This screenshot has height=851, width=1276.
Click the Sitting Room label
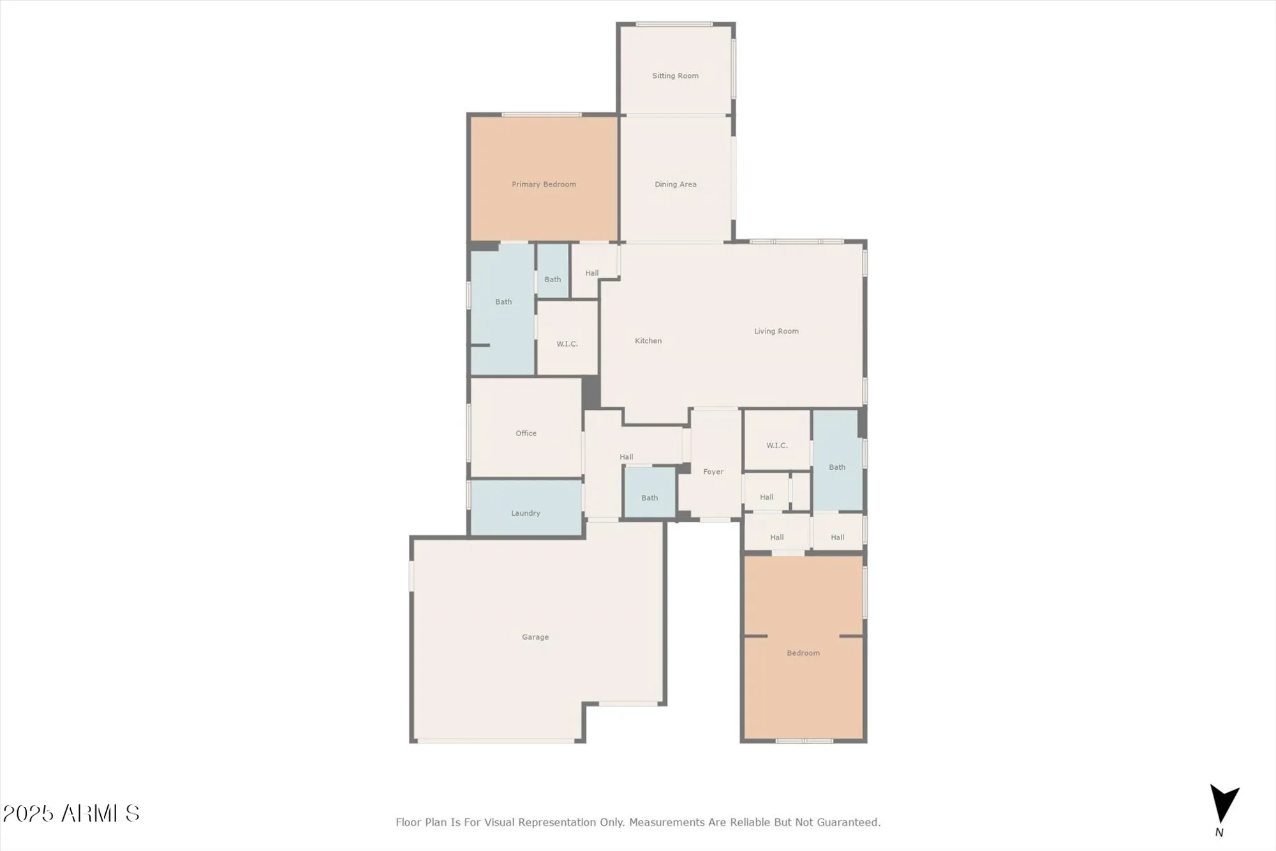pyautogui.click(x=675, y=76)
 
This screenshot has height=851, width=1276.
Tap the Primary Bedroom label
pyautogui.click(x=544, y=185)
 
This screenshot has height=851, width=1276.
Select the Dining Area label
pyautogui.click(x=675, y=185)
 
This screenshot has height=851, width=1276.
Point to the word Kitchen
pyautogui.click(x=648, y=341)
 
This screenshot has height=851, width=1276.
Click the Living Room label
pyautogui.click(x=776, y=331)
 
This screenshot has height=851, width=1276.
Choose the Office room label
pyautogui.click(x=526, y=433)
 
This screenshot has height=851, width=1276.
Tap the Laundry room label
pyautogui.click(x=525, y=513)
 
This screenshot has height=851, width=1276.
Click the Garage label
pyautogui.click(x=535, y=637)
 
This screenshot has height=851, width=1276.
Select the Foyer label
pyautogui.click(x=713, y=472)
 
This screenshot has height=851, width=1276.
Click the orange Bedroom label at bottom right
pyautogui.click(x=803, y=653)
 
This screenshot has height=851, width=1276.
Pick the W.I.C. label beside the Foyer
pyautogui.click(x=776, y=446)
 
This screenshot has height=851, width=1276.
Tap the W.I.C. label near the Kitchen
pyautogui.click(x=567, y=344)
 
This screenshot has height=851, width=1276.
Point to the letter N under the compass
pyautogui.click(x=1219, y=832)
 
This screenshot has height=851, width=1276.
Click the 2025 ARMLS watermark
pyautogui.click(x=71, y=813)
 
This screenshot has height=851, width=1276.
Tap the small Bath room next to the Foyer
pyautogui.click(x=649, y=498)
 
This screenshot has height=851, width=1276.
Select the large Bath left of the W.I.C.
pyautogui.click(x=503, y=302)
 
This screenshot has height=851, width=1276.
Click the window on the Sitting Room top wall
pyautogui.click(x=674, y=24)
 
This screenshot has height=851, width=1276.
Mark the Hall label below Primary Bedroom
pyautogui.click(x=591, y=273)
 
